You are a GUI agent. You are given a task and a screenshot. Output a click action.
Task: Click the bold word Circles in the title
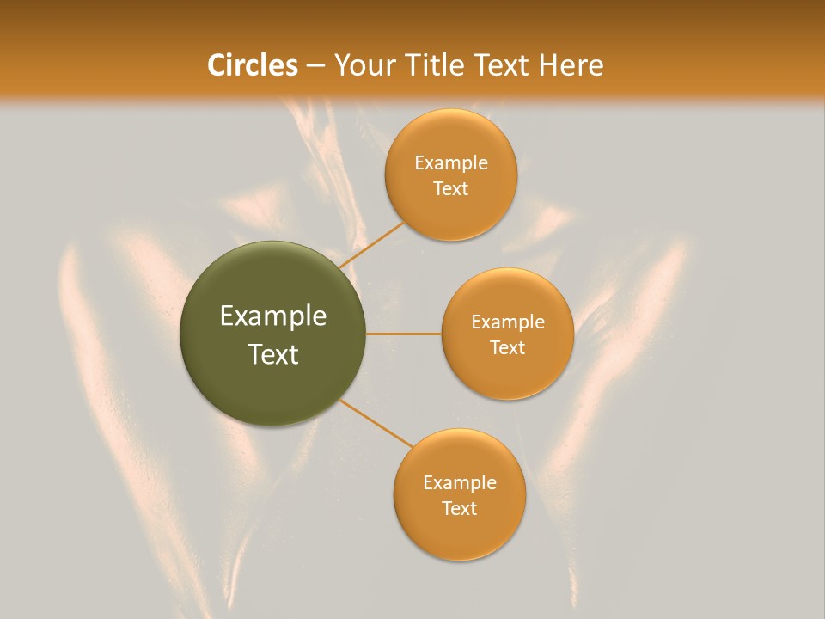coord(252,65)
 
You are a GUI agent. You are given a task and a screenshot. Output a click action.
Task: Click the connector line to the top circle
coord(370,245)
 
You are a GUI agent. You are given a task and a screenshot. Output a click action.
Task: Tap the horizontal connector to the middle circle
coord(403,334)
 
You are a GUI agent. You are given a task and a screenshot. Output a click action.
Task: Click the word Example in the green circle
coord(273,316)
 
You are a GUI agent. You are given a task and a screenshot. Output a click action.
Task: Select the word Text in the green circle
coord(273,354)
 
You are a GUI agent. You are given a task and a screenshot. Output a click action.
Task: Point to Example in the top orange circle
coord(451,162)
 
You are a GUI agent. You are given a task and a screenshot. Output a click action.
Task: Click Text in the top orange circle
coord(451,188)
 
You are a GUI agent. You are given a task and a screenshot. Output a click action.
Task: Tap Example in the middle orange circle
coord(508,322)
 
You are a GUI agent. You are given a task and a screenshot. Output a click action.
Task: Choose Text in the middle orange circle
coord(508,347)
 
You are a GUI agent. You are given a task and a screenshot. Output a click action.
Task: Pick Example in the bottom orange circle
coord(459,482)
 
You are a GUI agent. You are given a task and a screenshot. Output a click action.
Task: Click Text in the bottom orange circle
coord(459,508)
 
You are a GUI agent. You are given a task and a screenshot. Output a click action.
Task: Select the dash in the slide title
coord(315,65)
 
